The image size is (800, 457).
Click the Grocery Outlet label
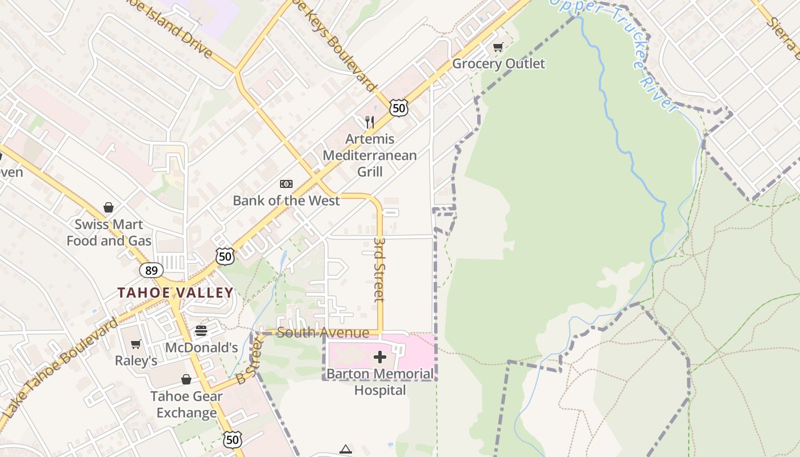(498, 63)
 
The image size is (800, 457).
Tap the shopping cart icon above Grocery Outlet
(498, 47)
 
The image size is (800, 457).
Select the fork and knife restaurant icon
(370, 122)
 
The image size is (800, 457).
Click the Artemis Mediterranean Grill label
(370, 155)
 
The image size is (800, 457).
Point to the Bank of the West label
(286, 201)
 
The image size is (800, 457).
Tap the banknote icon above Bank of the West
(286, 184)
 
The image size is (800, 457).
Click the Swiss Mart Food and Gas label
(109, 232)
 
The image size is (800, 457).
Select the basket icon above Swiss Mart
(109, 207)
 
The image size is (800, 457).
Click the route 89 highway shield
(151, 270)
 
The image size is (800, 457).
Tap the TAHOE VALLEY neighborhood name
(175, 293)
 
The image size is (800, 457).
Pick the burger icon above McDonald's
(201, 331)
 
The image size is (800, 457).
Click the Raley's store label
(136, 360)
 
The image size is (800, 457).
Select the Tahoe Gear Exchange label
(186, 404)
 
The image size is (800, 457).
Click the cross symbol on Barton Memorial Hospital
(380, 358)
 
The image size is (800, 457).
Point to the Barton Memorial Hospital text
(380, 382)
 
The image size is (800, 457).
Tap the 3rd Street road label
(379, 270)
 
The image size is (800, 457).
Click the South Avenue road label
(323, 332)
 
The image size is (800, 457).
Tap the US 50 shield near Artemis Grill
(399, 107)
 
